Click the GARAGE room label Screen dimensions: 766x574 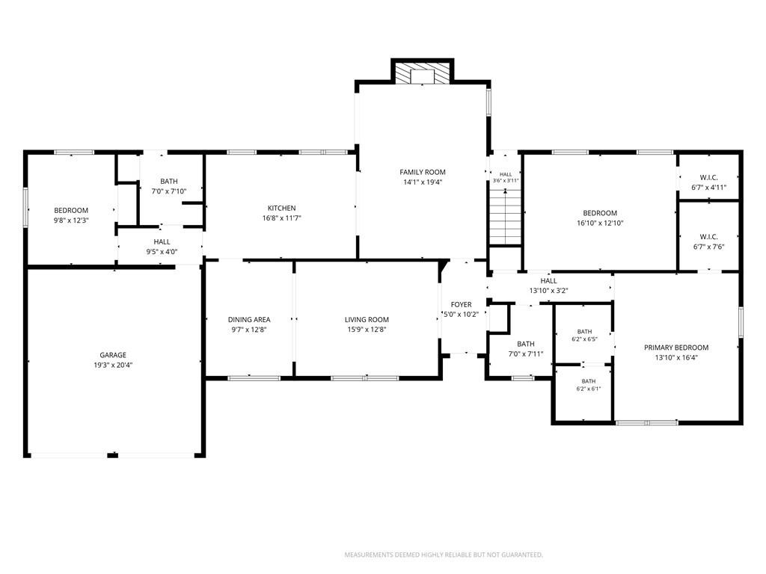point(113,355)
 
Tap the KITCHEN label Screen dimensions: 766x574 point(281,208)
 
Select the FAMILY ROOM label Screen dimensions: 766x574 point(423,172)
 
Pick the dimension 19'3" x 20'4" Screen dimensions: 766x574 point(113,365)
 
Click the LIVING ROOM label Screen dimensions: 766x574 point(367,320)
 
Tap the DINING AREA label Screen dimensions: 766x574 point(249,320)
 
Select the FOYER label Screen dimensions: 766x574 point(461,305)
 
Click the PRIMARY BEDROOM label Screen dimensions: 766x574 point(676,348)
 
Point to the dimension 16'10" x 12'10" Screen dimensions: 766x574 point(600,223)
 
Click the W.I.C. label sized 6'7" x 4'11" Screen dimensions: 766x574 point(709,178)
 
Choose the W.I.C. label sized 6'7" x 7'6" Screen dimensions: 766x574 point(709,237)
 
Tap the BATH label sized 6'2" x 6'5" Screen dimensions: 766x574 point(584,331)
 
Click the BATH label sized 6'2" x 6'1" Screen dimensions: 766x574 point(589,381)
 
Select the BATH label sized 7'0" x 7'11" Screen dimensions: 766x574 point(526,344)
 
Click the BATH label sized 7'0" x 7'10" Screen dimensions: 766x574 point(169,182)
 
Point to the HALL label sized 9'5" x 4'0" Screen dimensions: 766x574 point(162,241)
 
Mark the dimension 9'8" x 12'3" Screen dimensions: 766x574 point(71,220)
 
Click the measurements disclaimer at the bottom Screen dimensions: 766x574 point(444,555)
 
